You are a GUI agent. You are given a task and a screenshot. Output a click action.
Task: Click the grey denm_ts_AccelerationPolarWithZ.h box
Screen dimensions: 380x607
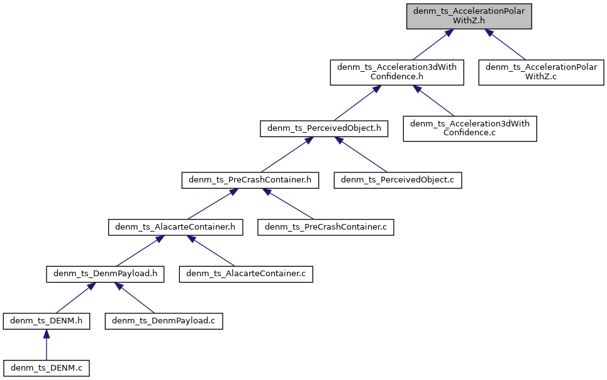[x=469, y=16]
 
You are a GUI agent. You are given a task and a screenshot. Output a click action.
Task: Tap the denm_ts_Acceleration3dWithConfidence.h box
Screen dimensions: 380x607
[x=397, y=72]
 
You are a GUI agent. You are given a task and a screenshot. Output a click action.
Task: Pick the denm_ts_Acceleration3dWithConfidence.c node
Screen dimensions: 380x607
[x=469, y=128]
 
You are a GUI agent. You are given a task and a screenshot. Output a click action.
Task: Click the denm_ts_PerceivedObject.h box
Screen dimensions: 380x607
[x=324, y=129]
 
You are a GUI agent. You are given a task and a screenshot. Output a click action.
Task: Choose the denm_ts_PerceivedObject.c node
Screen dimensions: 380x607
[x=398, y=180]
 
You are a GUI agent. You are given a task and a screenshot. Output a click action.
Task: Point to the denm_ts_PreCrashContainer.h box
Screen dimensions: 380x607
[x=250, y=180]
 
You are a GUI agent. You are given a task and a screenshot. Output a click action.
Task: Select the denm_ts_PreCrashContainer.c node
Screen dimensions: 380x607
[x=326, y=226]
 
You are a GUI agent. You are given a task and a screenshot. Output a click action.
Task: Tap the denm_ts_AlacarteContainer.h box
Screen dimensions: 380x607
[x=175, y=226]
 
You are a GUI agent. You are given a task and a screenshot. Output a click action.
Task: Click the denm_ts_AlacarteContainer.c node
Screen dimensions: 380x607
[x=246, y=274]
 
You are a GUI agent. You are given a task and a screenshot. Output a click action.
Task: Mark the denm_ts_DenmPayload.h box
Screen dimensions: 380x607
[x=106, y=274]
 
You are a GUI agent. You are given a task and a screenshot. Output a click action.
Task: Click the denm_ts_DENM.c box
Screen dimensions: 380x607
[x=47, y=367]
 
